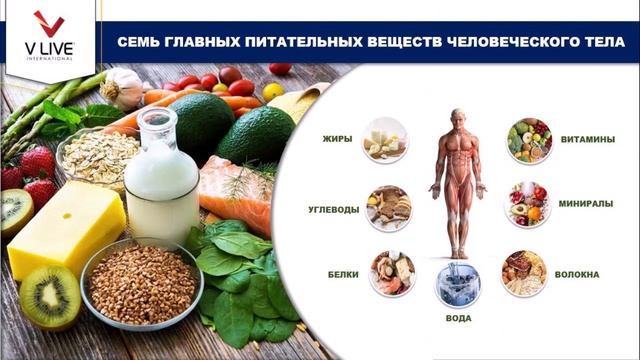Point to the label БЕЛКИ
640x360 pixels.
click(343, 272)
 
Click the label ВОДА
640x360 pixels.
click(458, 318)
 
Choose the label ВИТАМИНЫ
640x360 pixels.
click(588, 140)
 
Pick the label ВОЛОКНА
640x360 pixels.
click(581, 273)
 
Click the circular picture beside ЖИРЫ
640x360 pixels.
click(385, 139)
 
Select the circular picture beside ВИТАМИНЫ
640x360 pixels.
click(529, 140)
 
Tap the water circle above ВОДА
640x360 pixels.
click(458, 283)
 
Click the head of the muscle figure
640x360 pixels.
click(457, 117)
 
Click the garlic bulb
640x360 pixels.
click(123, 87)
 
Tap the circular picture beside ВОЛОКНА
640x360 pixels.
click(524, 272)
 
